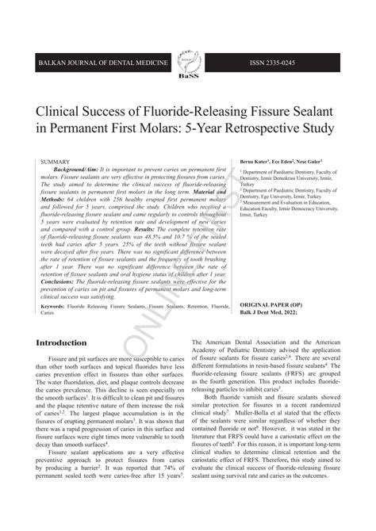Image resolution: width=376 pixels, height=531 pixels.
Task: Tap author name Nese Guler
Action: (x=324, y=161)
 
